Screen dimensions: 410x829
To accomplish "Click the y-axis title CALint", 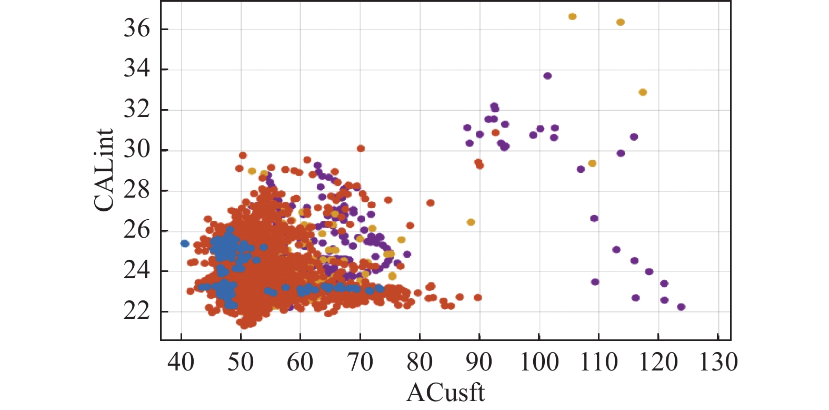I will (x=104, y=170).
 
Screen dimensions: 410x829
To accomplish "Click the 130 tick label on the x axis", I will (x=718, y=363).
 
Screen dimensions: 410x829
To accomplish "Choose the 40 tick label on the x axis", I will (x=181, y=363).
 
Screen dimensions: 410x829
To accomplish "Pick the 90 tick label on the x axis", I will (x=479, y=363).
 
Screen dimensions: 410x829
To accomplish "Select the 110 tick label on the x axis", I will (x=598, y=363).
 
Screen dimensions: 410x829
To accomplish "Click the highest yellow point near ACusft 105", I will (x=572, y=17).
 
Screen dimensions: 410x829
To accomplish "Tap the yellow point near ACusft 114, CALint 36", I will (x=620, y=22).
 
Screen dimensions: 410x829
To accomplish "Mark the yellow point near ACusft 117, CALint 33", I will (x=643, y=92).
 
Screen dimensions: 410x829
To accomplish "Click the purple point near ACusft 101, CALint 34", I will (x=547, y=76).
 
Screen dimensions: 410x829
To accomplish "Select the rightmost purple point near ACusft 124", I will (x=681, y=307).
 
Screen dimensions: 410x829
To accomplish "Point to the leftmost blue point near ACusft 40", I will (x=185, y=243).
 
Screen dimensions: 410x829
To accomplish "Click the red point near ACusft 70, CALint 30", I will (x=361, y=149).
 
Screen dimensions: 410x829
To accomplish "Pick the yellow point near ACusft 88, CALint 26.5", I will (x=471, y=222).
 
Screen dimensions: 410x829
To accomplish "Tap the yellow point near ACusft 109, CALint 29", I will (x=592, y=163).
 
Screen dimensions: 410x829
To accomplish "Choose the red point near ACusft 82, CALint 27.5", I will (x=430, y=203).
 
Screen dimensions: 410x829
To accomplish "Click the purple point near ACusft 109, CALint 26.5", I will (x=594, y=218).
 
